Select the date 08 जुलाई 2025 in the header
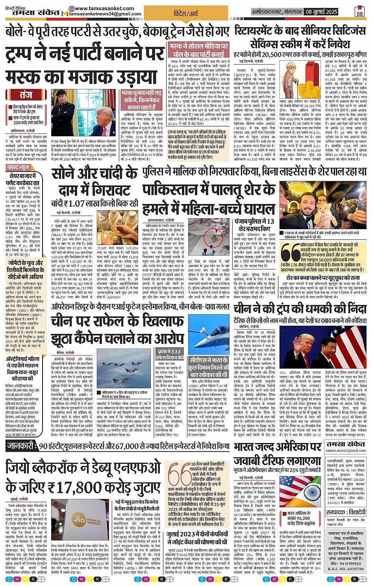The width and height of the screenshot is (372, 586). click(322, 12)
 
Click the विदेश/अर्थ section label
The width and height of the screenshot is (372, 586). click(186, 14)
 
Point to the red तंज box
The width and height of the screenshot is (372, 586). click(26, 95)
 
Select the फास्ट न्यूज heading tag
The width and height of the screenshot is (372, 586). click(18, 168)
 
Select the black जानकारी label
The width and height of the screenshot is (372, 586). click(22, 446)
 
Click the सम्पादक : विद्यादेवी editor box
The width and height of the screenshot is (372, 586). click(346, 512)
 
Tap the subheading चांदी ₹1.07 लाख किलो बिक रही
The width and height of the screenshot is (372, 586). click(94, 203)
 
